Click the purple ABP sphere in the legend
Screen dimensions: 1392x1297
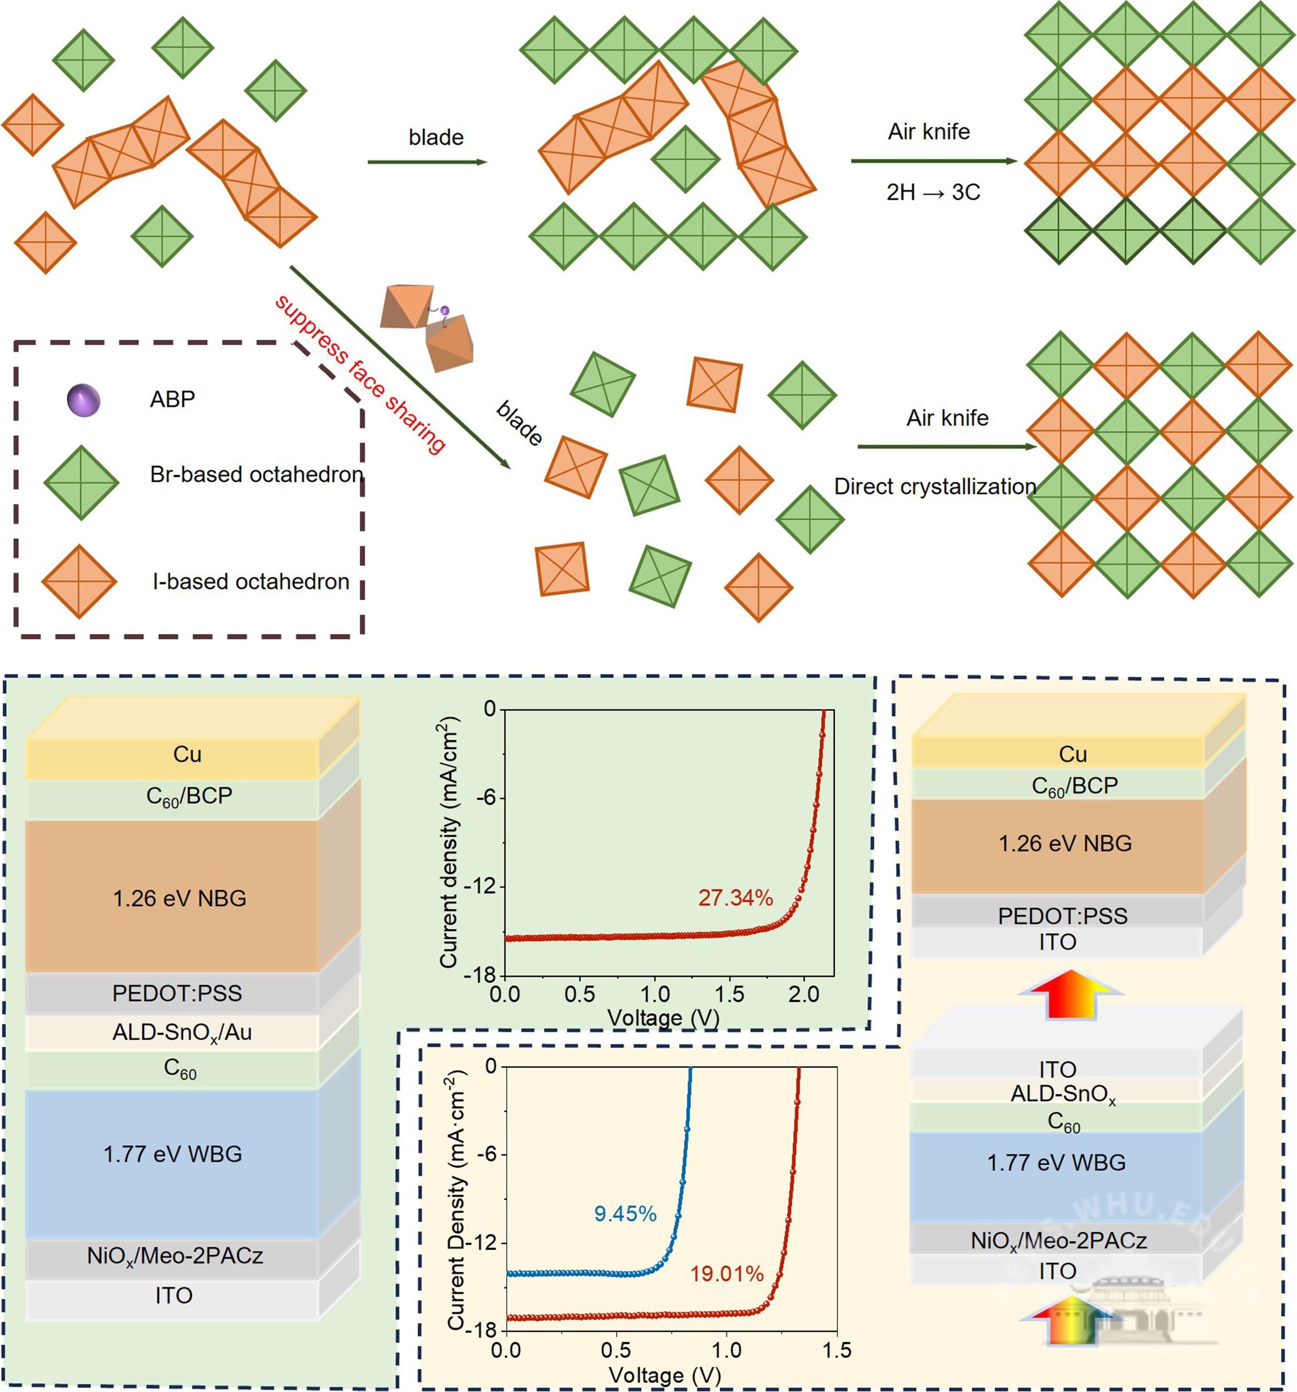click(x=83, y=400)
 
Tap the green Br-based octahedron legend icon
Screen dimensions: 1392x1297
click(x=81, y=482)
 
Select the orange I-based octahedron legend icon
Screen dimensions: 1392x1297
click(x=79, y=581)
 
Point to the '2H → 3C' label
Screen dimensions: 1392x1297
click(x=933, y=192)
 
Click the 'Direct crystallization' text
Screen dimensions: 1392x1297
click(x=934, y=486)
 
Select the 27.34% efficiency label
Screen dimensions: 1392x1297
click(x=735, y=897)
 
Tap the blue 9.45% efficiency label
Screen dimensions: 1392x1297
click(x=625, y=1214)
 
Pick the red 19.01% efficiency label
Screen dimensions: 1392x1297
click(x=726, y=1274)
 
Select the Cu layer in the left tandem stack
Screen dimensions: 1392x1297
click(x=187, y=754)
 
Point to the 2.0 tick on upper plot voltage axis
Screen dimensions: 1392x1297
click(x=804, y=994)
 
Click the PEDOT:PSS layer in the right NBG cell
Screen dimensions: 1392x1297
click(x=1062, y=916)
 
